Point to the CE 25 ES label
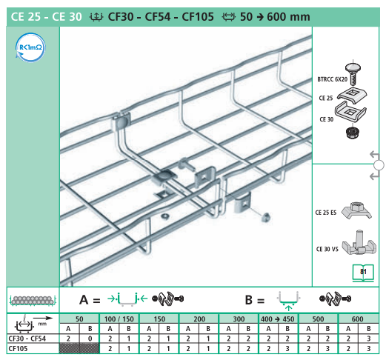pos(326,213)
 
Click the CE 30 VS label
pos(326,249)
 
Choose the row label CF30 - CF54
pos(27,337)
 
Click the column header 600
pos(358,319)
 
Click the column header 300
pos(238,319)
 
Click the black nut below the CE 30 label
pos(353,133)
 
